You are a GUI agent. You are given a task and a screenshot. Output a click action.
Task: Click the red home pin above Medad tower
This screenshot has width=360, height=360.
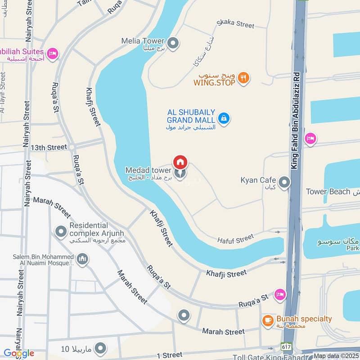click(x=180, y=162)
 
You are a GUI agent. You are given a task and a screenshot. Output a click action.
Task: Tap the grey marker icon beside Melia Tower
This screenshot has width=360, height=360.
click(x=174, y=43)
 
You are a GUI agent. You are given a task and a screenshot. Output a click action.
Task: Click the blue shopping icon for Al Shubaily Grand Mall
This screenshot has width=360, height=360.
click(x=224, y=118)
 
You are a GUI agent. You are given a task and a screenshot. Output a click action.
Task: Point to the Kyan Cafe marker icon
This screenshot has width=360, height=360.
click(x=284, y=182)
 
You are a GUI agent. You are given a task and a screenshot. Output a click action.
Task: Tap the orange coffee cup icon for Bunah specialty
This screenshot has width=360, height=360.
click(x=268, y=320)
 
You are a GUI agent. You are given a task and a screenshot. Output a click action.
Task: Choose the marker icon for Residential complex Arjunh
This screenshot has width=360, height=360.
click(x=61, y=232)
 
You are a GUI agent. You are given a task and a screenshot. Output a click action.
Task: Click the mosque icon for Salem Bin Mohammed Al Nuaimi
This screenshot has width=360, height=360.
click(x=82, y=259)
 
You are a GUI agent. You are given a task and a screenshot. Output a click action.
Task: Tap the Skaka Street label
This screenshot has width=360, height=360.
click(x=235, y=24)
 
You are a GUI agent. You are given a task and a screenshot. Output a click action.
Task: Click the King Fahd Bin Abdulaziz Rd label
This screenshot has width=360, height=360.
click(x=296, y=121)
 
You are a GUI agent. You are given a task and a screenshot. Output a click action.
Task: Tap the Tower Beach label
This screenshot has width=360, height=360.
click(x=328, y=192)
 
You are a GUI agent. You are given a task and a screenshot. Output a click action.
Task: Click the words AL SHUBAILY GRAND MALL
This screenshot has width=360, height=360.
click(x=191, y=116)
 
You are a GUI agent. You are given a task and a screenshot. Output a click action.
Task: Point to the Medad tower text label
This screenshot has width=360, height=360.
click(x=148, y=170)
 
